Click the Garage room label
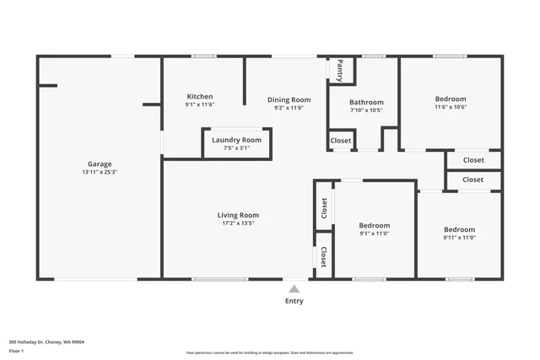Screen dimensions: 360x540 click(100, 164)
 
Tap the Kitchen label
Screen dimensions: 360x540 click(200, 97)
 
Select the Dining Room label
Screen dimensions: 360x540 click(289, 99)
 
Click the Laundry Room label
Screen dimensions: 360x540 click(236, 140)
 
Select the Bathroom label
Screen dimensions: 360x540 click(366, 102)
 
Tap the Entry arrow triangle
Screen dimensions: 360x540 click(294, 288)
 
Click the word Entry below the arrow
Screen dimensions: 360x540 click(294, 301)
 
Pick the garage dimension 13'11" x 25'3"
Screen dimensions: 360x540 click(100, 172)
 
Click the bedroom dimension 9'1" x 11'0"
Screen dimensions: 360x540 click(374, 234)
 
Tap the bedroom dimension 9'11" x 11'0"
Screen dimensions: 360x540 click(459, 238)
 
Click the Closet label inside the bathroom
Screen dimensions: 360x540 click(341, 141)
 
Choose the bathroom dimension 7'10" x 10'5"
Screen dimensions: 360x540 click(366, 110)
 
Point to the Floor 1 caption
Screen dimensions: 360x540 click(15, 349)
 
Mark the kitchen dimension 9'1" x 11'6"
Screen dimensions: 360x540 click(200, 105)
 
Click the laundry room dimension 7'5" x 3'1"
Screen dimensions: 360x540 click(236, 148)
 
